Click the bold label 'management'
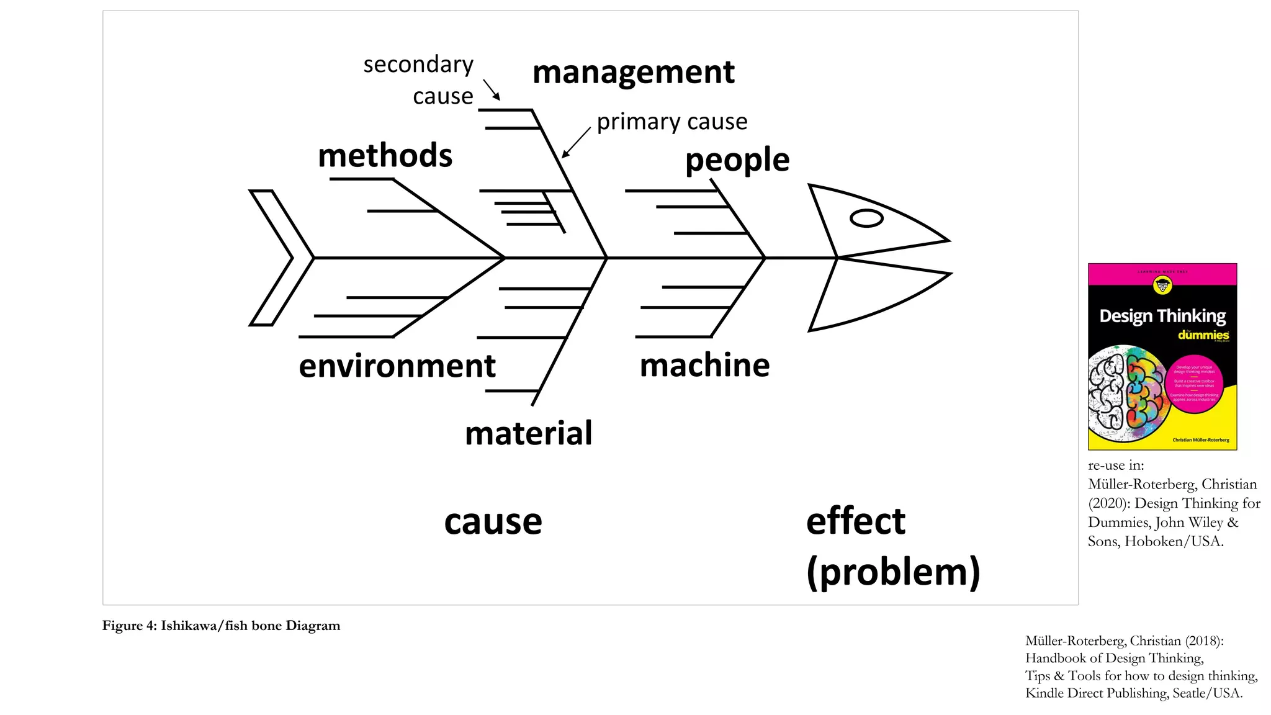pos(633,73)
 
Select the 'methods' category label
pos(385,155)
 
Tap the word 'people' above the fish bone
pos(737,160)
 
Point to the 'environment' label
pos(397,366)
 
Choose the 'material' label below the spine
pos(529,433)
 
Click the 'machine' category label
pos(704,365)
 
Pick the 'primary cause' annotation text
pos(672,122)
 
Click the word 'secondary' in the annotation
pos(418,65)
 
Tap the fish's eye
pos(866,218)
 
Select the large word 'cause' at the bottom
pos(493,521)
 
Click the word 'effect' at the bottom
pos(855,521)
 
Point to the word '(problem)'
pos(893,572)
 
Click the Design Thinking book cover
pos(1162,357)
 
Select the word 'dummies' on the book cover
pos(1203,335)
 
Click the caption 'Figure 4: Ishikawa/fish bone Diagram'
pos(222,626)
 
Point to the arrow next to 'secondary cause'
pos(492,90)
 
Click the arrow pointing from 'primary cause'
pos(576,143)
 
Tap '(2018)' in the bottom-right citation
pos(1204,641)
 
